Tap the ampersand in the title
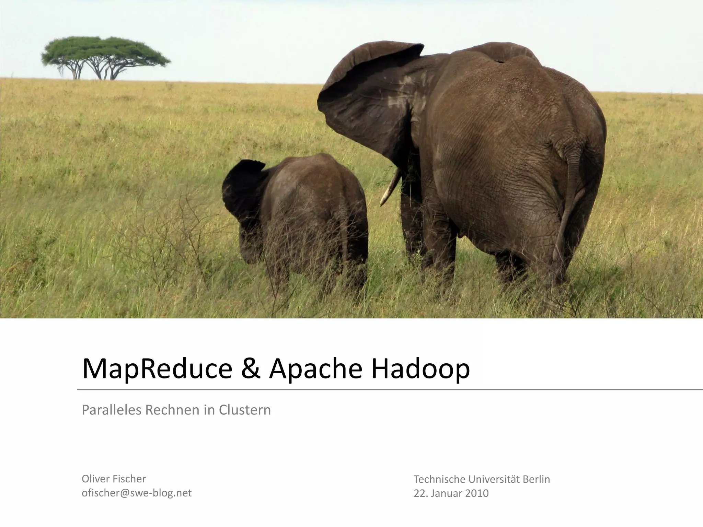pos(251,369)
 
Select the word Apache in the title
pos(315,369)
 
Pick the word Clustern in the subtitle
pos(245,410)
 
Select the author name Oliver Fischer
pos(114,479)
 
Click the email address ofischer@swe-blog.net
pos(137,493)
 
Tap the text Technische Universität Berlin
pos(482,479)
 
